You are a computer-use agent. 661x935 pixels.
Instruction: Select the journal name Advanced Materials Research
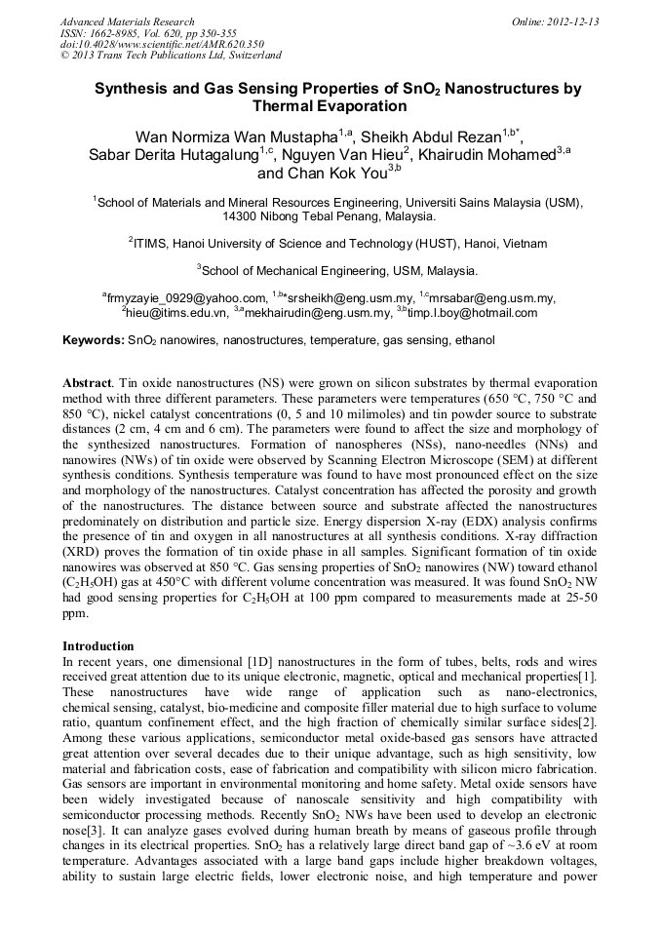tap(127, 21)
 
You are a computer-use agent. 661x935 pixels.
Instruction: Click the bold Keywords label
tap(94, 341)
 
